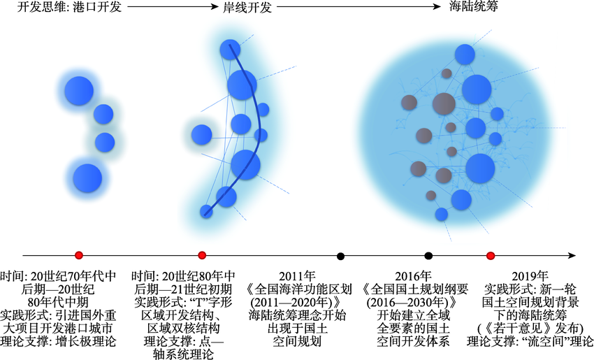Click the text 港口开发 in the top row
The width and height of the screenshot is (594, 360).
pos(96,6)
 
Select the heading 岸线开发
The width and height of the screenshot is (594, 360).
pos(247,7)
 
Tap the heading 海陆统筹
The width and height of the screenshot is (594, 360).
pos(474,6)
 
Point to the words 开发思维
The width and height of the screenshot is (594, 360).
pos(42,6)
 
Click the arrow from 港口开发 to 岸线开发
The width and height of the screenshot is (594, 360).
pos(173,6)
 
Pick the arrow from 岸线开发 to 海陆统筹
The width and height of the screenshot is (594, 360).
pos(358,6)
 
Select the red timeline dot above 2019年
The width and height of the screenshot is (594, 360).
pos(491,256)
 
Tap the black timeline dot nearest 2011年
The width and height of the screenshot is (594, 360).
pos(340,256)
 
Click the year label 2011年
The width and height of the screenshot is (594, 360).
pos(298,276)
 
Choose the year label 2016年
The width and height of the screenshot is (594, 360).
pos(413,276)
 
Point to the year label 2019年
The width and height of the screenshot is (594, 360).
pos(530,276)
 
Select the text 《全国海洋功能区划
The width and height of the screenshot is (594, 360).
pos(298,289)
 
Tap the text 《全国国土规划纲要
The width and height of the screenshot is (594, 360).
pos(414,289)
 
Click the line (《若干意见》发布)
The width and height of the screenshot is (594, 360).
pos(530,328)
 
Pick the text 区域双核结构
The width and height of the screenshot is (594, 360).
pos(183,328)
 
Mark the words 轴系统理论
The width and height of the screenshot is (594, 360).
pos(183,354)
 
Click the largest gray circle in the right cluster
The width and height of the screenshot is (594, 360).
pos(444,104)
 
